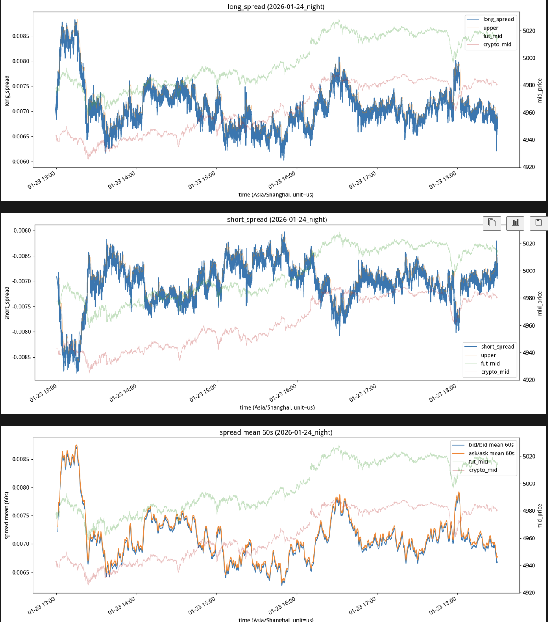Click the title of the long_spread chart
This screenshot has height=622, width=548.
point(276,7)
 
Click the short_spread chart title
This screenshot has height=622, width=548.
point(277,220)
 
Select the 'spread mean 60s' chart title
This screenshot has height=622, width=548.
point(276,432)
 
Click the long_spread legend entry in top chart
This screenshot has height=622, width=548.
point(498,19)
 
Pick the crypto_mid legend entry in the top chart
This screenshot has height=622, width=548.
point(497,44)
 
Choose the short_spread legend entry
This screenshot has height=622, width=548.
point(497,347)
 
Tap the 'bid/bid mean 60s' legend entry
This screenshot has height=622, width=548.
point(491,445)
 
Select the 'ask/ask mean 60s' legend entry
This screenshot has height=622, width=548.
point(491,454)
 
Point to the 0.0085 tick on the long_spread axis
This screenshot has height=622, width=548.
point(21,36)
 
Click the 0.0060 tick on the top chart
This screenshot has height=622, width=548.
point(21,162)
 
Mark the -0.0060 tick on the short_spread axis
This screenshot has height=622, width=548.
point(22,231)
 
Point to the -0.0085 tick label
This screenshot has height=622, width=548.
point(22,357)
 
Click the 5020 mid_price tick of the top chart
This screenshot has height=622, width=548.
point(529,31)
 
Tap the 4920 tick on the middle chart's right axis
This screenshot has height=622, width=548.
point(529,380)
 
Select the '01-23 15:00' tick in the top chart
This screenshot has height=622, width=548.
point(202,180)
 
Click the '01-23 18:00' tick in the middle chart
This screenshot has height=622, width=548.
point(443,393)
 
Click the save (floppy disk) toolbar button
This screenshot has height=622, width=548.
point(539,223)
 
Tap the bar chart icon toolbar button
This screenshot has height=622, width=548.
point(515,223)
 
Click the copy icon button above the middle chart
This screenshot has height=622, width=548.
point(492,223)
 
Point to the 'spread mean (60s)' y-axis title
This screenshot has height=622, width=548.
point(7,515)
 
